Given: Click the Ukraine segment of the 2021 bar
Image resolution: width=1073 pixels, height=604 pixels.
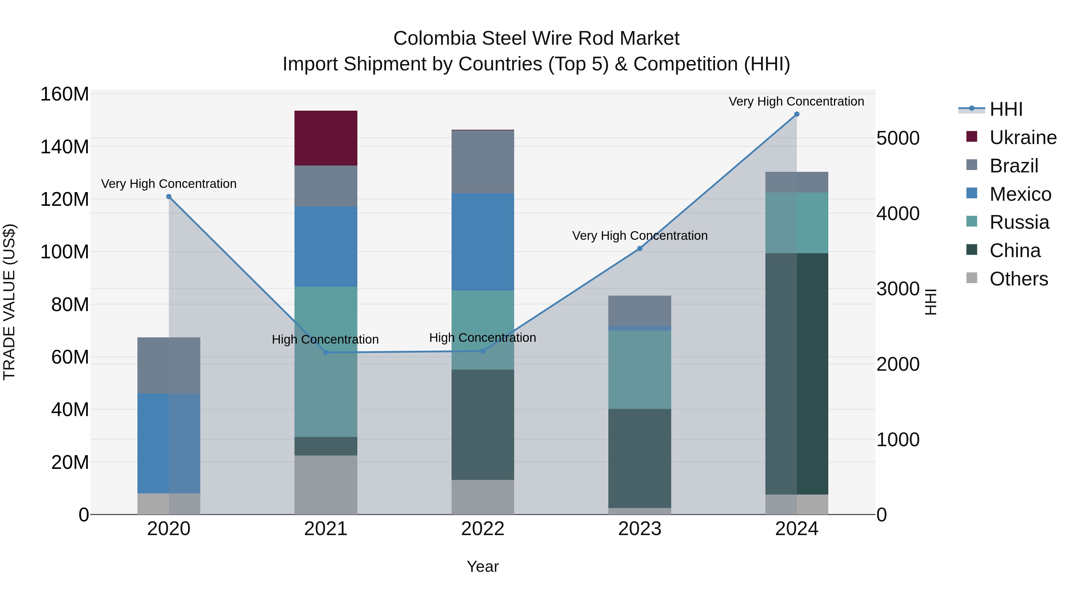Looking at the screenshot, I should point(326,138).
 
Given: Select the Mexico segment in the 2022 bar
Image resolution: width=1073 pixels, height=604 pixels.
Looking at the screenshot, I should point(483,242).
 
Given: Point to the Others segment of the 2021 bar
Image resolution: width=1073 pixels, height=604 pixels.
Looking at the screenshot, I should point(326,484).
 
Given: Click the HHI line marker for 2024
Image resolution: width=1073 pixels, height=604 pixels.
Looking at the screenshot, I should point(796,114).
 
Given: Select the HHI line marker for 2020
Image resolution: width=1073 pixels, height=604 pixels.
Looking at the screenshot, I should point(169,197).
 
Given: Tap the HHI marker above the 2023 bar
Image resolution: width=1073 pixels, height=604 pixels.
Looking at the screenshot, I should point(640,248).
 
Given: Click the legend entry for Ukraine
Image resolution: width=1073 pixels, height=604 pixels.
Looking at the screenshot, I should point(1022,138).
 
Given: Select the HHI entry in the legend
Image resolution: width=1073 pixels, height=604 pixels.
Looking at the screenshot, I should point(1006,109).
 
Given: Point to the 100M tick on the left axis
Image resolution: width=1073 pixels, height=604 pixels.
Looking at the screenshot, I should point(65,252).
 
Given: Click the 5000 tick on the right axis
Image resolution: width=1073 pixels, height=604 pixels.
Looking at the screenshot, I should point(898,138).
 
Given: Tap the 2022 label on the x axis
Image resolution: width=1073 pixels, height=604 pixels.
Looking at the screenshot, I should point(483,529).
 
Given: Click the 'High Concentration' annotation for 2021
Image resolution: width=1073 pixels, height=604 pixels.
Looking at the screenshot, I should point(325,339).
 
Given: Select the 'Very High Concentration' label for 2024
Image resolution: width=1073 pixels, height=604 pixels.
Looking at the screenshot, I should point(796,101).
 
